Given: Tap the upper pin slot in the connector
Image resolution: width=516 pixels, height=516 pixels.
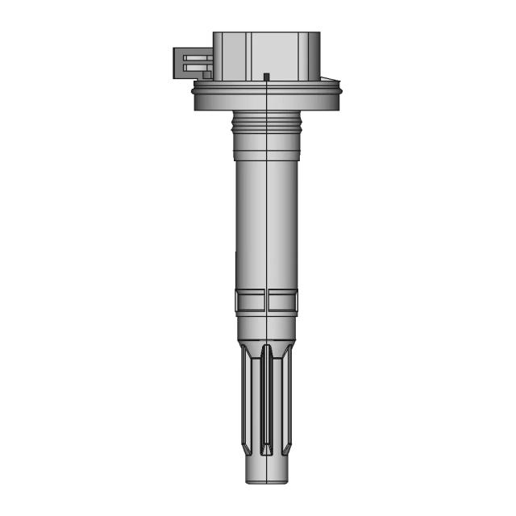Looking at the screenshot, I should [194, 58].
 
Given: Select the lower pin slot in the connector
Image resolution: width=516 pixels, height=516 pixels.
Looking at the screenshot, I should [194, 68].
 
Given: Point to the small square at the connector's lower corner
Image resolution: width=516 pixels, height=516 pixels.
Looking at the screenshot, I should [207, 75].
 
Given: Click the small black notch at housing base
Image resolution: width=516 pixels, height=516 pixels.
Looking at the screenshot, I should [266, 77].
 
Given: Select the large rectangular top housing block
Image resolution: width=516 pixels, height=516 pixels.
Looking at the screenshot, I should [266, 52].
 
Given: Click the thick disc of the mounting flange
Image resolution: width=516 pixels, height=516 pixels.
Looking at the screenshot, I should [266, 98].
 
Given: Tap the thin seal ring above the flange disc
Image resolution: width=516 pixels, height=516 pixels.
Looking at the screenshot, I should [266, 84].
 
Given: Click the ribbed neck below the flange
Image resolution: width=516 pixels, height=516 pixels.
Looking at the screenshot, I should [266, 121].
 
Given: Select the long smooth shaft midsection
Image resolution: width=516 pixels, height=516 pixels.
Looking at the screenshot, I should [266, 218].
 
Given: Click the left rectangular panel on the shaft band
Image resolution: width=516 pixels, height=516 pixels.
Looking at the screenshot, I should [250, 301].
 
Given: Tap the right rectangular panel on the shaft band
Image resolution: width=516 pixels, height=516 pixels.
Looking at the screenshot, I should [283, 301].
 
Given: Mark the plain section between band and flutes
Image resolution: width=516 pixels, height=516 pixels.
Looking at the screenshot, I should [266, 327].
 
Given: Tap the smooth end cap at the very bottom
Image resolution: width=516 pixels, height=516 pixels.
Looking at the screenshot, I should [266, 472].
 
